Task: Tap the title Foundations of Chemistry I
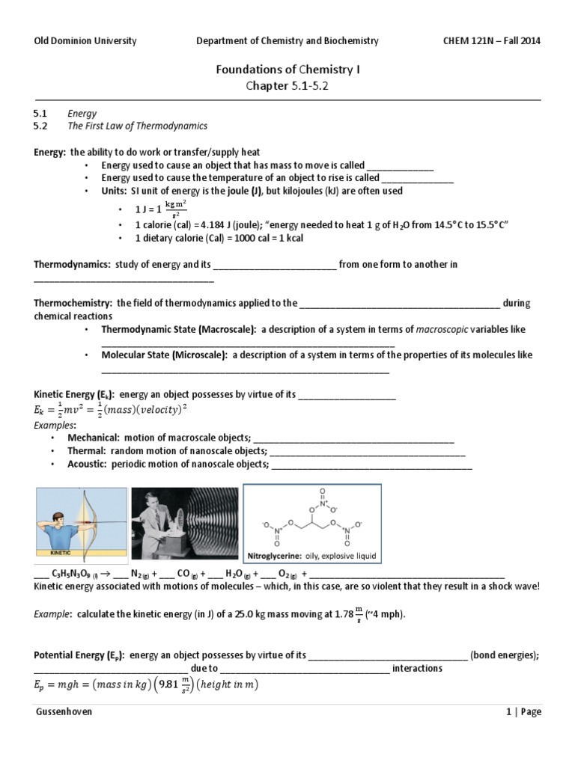pos(287,70)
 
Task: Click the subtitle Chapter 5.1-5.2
pos(287,86)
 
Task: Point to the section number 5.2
pos(41,126)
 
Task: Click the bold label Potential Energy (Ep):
pos(79,655)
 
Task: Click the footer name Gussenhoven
pos(64,712)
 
